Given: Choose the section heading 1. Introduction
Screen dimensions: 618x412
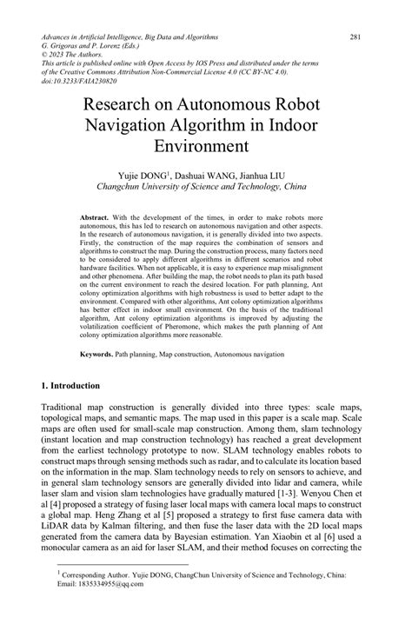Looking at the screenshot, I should click(x=76, y=384).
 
